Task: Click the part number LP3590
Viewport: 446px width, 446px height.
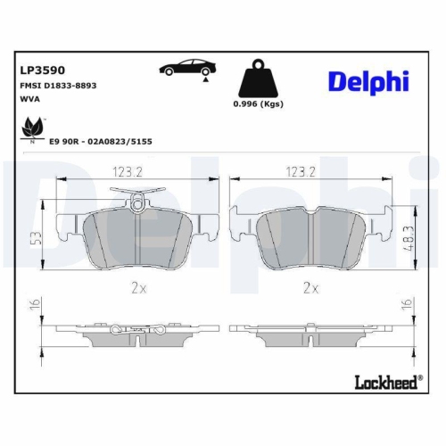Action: (x=41, y=70)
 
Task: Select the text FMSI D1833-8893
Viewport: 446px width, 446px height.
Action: (x=57, y=85)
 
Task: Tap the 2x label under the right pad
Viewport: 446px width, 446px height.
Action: (x=310, y=287)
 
